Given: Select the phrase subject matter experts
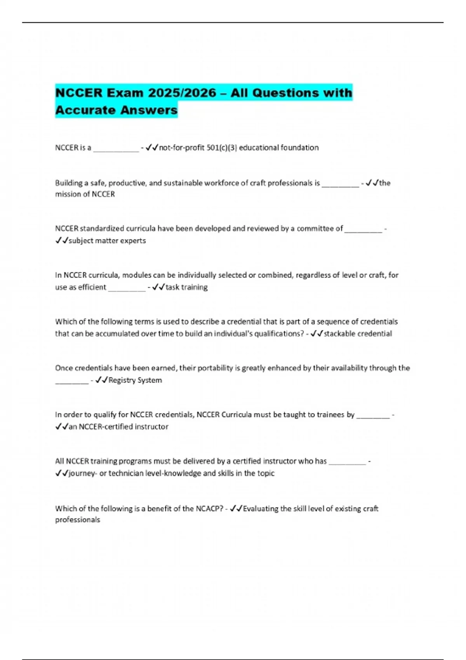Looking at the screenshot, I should [107, 241].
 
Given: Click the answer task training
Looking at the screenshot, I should [186, 287].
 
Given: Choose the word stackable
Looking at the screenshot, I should [339, 333].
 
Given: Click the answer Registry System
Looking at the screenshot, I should [135, 380].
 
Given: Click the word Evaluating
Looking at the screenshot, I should [261, 509].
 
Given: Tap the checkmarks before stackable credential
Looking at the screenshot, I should [317, 333].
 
